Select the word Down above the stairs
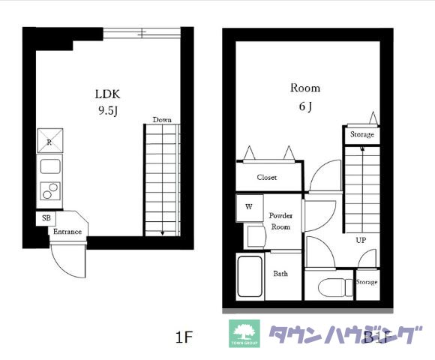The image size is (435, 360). coord(162,120)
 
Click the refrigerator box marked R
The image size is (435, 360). coord(50,141)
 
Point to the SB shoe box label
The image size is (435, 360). coord(46,217)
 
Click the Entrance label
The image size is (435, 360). coord(67,232)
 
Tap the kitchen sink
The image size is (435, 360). coord(50,166)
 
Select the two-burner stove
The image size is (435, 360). coord(50,191)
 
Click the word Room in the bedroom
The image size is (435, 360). coord(305,88)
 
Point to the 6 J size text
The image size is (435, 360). coord(305,106)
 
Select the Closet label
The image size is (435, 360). coord(267,178)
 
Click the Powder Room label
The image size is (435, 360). coord(280,220)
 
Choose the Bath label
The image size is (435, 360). coord(280,274)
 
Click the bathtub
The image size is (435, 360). coord(250,277)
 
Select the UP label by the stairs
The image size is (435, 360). coord(361,241)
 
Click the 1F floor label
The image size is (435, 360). coord(184,337)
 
